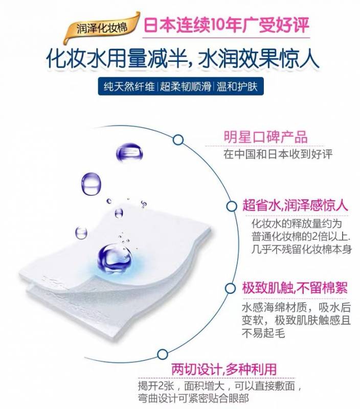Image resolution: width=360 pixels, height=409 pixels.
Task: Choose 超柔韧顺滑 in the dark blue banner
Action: [x=186, y=86]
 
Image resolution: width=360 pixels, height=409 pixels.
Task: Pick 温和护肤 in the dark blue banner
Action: [x=237, y=86]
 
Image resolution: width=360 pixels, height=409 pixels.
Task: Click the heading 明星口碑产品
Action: [x=265, y=137]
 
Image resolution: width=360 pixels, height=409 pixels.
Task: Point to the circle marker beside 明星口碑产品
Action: [x=178, y=140]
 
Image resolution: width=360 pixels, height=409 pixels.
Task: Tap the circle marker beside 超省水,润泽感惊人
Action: [x=231, y=206]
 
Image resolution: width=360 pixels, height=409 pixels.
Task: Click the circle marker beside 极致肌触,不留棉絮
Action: [x=230, y=288]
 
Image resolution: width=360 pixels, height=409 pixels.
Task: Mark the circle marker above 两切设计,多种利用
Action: [x=162, y=354]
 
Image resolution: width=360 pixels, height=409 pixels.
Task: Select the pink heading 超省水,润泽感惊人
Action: [x=295, y=206]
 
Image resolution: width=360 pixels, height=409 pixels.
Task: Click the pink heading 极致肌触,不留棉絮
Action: [x=295, y=288]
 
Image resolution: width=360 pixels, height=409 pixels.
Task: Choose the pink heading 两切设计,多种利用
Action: [x=224, y=369]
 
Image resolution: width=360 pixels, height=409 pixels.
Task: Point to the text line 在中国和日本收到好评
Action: [x=278, y=154]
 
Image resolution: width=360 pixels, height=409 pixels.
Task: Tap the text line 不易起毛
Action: [x=263, y=333]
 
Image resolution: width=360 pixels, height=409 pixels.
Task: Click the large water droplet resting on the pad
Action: [x=115, y=258]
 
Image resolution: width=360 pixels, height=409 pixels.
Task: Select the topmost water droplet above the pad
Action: [x=129, y=152]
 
